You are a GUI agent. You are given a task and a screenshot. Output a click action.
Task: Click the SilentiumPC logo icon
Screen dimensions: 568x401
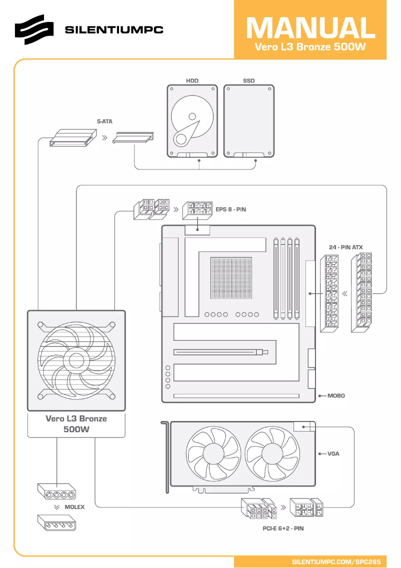(x=33, y=29)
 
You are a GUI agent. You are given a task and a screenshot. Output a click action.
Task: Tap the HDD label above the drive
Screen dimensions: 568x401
(x=192, y=80)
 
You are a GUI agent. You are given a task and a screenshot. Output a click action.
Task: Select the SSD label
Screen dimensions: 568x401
(x=248, y=80)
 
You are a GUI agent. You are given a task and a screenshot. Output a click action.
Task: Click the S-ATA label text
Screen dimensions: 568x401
(x=104, y=121)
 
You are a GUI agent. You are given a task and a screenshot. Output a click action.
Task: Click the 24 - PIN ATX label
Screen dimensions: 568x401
(x=345, y=247)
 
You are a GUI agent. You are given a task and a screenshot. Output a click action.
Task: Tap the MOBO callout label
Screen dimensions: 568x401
(x=336, y=395)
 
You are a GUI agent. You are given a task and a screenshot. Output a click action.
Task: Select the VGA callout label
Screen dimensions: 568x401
(x=333, y=454)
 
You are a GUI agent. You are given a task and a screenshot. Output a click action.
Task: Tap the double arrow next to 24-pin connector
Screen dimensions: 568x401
(x=344, y=293)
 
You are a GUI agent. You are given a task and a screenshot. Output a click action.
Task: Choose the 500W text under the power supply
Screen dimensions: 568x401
(x=76, y=429)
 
